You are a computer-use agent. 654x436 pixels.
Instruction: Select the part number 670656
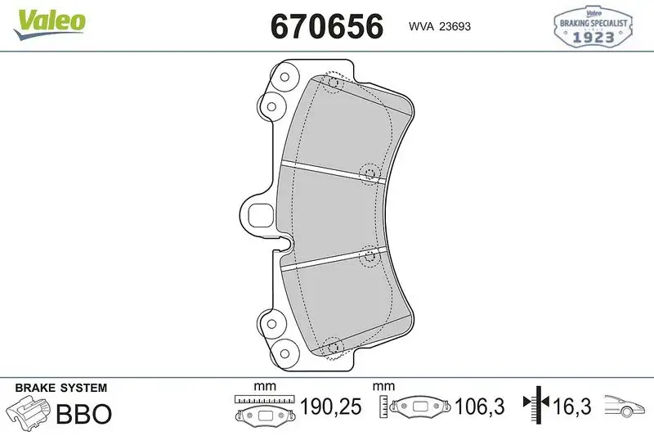[x=326, y=26]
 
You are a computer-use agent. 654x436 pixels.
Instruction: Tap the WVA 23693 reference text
[x=439, y=26]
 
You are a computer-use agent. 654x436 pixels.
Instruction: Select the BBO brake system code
[x=83, y=414]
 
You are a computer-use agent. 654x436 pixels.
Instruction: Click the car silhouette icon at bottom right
[x=625, y=406]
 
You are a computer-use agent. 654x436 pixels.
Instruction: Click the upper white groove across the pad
[x=331, y=169]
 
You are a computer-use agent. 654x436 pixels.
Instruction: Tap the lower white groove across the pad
[x=331, y=260]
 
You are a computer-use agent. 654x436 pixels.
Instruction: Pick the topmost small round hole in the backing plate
[x=284, y=79]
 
